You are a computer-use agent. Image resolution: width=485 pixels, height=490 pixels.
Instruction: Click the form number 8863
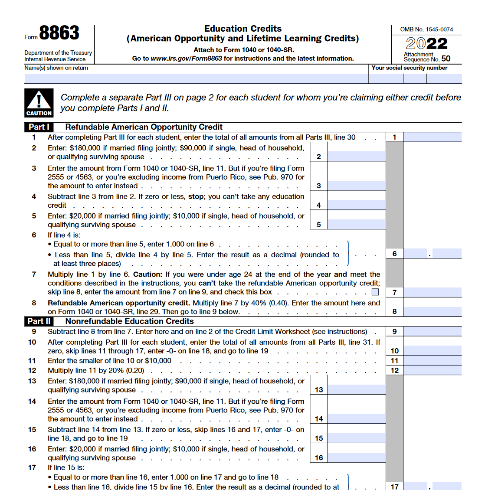[x=59, y=33]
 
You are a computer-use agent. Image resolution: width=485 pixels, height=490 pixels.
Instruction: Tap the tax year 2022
[x=426, y=43]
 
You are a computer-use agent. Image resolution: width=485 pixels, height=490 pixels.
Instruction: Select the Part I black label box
[x=39, y=127]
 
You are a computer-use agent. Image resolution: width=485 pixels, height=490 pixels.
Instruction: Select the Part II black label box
[x=39, y=321]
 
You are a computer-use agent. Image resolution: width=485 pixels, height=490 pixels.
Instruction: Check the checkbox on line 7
[x=375, y=292]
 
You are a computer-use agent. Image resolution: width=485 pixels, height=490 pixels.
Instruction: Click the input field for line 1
[x=432, y=137]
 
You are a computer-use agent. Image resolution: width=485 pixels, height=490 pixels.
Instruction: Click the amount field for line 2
[x=356, y=157]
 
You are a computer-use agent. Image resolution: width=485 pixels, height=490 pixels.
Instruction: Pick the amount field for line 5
[x=356, y=225]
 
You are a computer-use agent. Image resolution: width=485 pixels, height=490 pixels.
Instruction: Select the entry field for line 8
[x=432, y=311]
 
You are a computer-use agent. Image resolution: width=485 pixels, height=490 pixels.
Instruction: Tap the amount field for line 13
[x=356, y=390]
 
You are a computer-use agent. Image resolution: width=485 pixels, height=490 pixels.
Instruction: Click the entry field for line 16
[x=356, y=458]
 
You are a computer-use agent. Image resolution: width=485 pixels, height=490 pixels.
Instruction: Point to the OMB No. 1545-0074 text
[x=426, y=29]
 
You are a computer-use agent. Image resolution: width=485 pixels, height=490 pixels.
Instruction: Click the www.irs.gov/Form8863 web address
[x=186, y=59]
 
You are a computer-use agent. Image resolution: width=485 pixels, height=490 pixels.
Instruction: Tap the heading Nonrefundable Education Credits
[x=129, y=321]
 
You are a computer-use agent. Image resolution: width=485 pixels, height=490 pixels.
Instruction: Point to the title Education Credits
[x=243, y=29]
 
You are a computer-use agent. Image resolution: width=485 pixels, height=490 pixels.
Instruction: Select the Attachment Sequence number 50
[x=446, y=59]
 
